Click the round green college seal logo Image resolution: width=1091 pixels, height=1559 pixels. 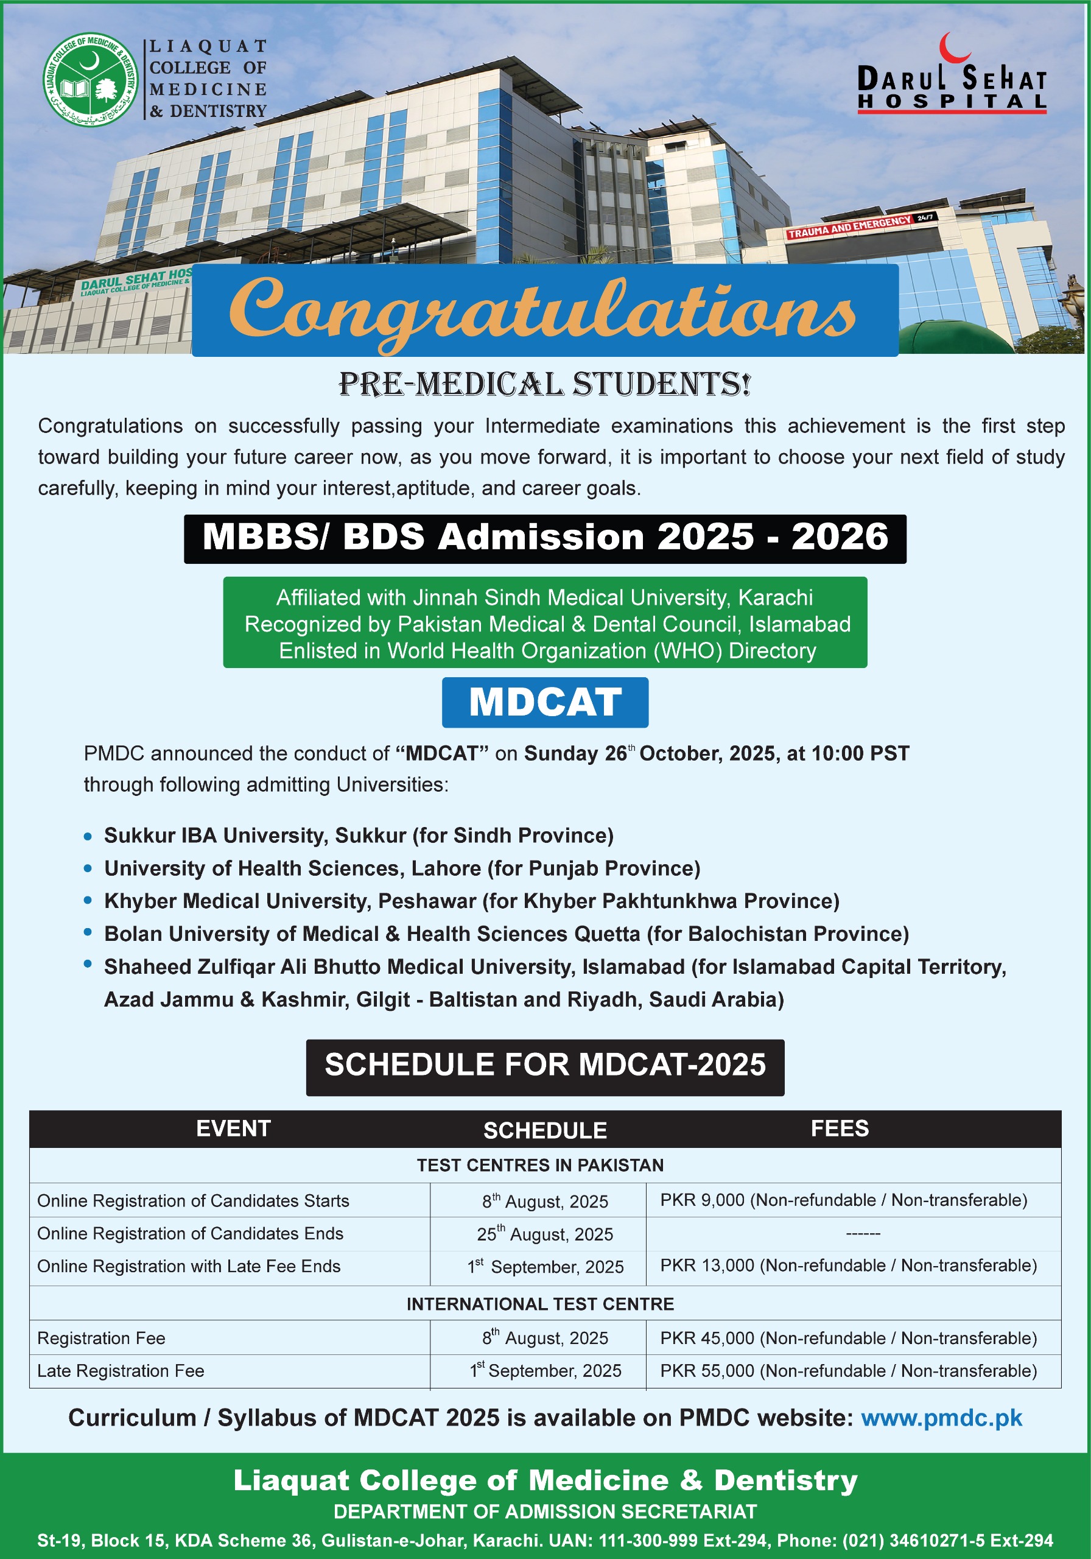point(90,79)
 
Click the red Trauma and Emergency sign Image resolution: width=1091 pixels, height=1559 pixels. point(849,227)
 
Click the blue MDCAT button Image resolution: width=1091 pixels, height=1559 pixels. point(544,702)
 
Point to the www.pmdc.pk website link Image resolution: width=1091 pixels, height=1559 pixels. point(941,1418)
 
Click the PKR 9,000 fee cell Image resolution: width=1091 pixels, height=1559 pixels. point(843,1200)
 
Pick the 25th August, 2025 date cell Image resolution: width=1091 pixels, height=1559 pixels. point(544,1234)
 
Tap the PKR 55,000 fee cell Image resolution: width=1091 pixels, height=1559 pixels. point(848,1371)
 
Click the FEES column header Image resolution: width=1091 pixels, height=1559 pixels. point(839,1128)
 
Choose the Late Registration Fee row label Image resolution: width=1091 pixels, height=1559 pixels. point(121,1371)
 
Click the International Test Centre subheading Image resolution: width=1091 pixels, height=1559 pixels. point(540,1304)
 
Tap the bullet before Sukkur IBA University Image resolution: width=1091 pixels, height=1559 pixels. point(88,836)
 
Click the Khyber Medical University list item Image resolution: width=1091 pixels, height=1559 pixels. point(471,901)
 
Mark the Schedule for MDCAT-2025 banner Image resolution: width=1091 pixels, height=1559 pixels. point(544,1064)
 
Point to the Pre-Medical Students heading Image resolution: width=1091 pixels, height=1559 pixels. point(544,384)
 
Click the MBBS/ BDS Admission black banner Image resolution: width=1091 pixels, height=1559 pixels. point(544,538)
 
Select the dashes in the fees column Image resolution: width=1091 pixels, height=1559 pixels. point(863,1234)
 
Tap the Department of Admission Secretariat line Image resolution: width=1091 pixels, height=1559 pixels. point(544,1511)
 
